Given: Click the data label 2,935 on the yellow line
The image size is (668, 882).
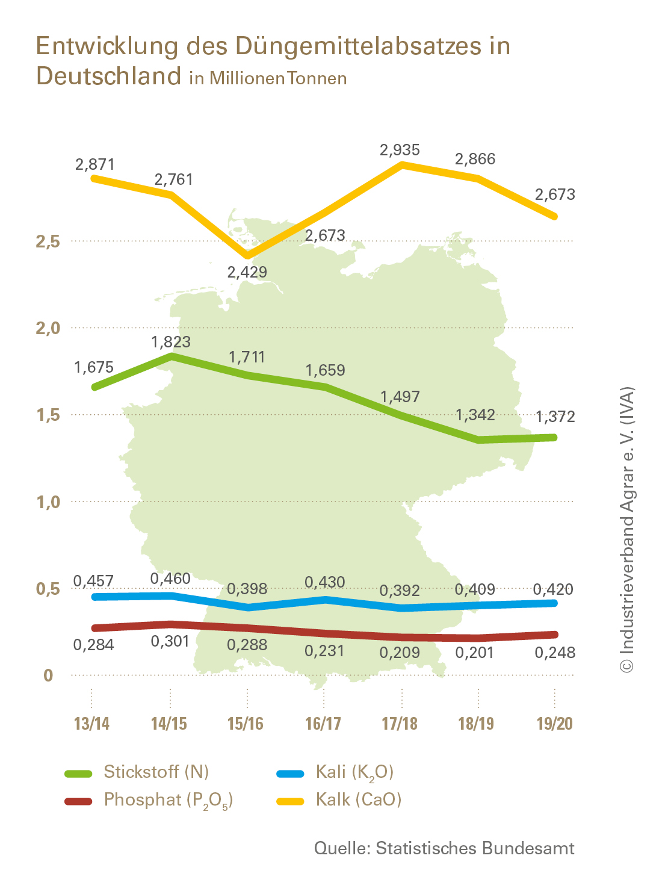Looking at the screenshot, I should (x=400, y=150).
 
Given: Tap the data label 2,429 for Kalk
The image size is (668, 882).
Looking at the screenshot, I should (x=247, y=272).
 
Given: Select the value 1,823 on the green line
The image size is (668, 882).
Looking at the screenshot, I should (x=171, y=342).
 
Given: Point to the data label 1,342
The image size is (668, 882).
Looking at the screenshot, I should (x=475, y=415).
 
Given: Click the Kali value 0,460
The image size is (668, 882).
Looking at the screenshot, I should (x=170, y=579).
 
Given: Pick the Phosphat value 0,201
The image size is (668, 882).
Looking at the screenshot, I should (x=475, y=653).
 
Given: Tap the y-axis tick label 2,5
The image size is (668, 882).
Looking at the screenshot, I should (x=48, y=241).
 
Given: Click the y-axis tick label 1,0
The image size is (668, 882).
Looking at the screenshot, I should (x=48, y=502).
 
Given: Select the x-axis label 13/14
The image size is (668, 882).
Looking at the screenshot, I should (x=92, y=723).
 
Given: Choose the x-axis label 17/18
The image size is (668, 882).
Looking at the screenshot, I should (x=400, y=723).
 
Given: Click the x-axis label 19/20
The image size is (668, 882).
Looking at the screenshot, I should (x=554, y=723).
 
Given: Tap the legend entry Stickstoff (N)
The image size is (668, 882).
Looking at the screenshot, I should (x=156, y=772).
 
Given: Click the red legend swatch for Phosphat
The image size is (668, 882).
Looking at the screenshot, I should (x=78, y=801).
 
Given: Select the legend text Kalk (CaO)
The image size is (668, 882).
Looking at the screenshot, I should (x=359, y=800).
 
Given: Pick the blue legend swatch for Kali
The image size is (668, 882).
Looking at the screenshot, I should (x=290, y=773).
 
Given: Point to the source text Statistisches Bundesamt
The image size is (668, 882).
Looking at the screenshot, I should (x=475, y=848).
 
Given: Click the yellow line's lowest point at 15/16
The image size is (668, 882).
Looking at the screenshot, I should (x=247, y=255).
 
